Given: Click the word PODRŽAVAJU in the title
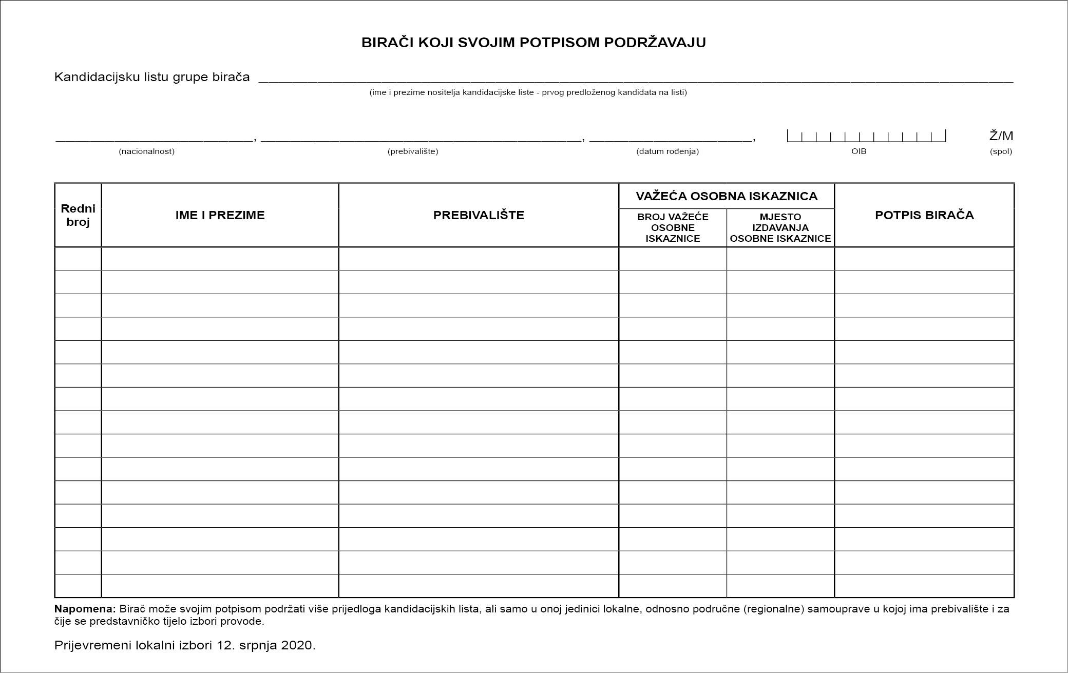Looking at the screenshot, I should pyautogui.click(x=654, y=43).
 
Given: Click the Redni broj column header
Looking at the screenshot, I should pyautogui.click(x=78, y=215).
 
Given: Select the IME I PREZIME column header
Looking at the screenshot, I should pyautogui.click(x=220, y=215).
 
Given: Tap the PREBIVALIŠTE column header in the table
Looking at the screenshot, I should pyautogui.click(x=479, y=215).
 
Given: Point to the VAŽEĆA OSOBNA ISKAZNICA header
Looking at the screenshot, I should pyautogui.click(x=727, y=196).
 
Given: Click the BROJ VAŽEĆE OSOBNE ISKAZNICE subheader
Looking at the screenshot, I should pyautogui.click(x=673, y=227).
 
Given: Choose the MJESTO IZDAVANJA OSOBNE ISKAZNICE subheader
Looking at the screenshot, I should pyautogui.click(x=780, y=227).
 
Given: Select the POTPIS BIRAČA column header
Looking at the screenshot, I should pyautogui.click(x=924, y=215).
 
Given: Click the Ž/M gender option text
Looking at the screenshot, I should pyautogui.click(x=1001, y=136).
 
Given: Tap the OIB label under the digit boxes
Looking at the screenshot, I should pyautogui.click(x=859, y=151).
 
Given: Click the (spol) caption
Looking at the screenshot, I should pyautogui.click(x=1001, y=151).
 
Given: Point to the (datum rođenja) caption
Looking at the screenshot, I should pyautogui.click(x=667, y=151).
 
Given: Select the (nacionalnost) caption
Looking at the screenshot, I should pyautogui.click(x=147, y=151).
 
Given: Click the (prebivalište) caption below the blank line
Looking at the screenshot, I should pyautogui.click(x=413, y=151).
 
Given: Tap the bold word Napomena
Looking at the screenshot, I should pyautogui.click(x=85, y=609).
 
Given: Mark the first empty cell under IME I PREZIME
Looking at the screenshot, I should pyautogui.click(x=220, y=259).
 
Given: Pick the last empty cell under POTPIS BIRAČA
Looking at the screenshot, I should pyautogui.click(x=924, y=586).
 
